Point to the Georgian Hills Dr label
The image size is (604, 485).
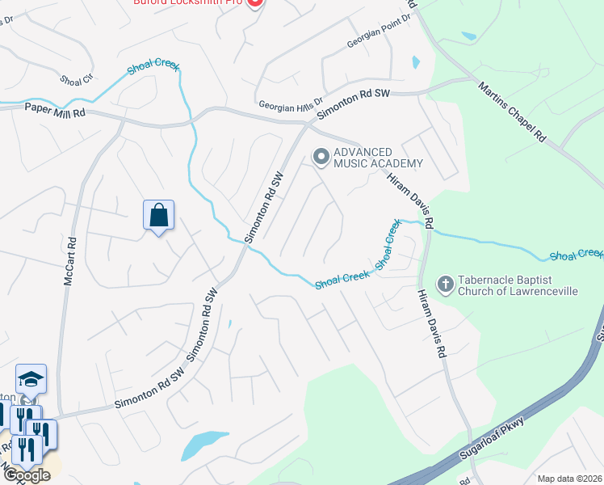[291, 104]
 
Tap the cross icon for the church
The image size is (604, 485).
[445, 285]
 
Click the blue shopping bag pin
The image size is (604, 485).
[159, 217]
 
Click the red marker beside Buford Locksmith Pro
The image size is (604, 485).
[254, 2]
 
